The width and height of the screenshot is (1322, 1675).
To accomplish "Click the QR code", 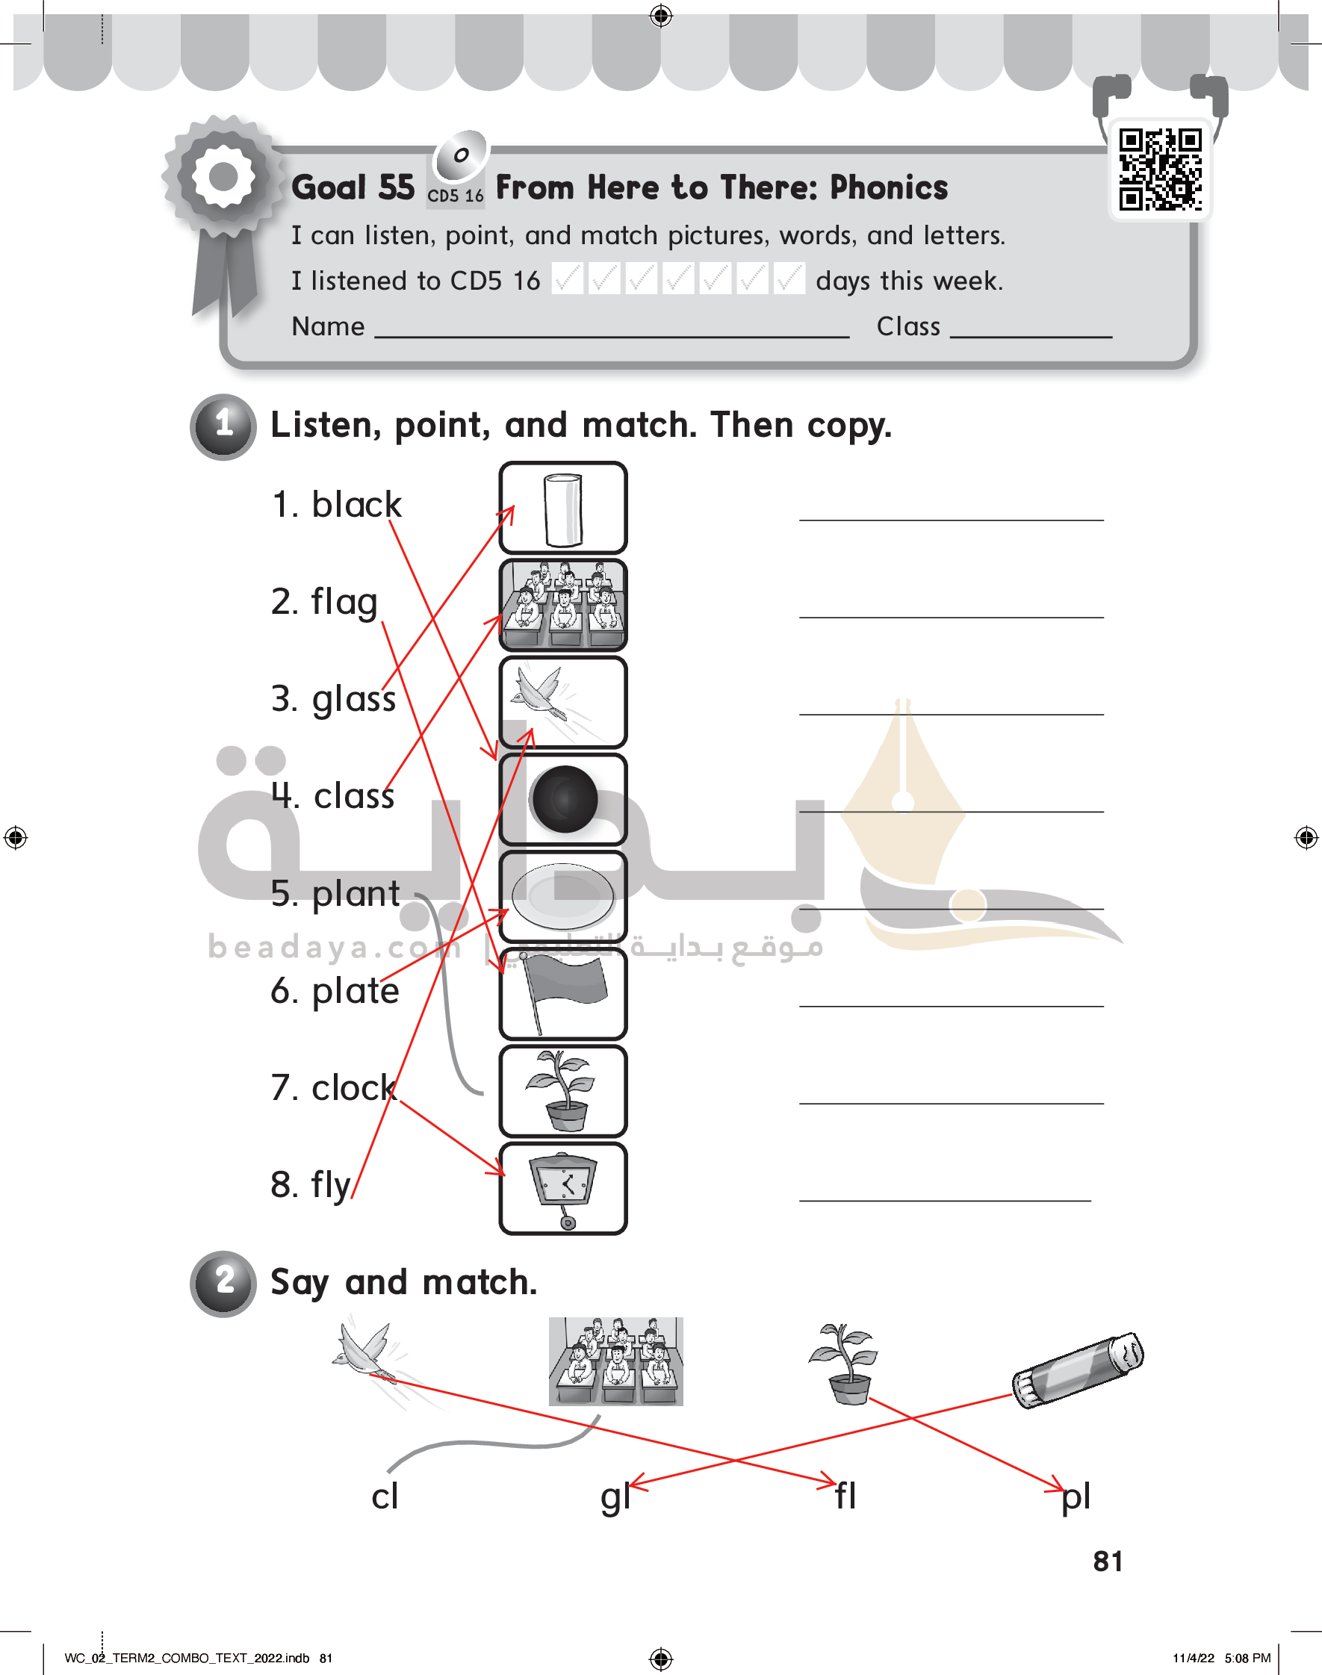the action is pyautogui.click(x=1159, y=170).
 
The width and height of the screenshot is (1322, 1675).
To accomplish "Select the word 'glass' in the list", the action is pyautogui.click(x=354, y=700).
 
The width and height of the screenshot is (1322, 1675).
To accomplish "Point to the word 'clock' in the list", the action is pyautogui.click(x=354, y=1088).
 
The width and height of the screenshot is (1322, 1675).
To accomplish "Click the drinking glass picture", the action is pyautogui.click(x=562, y=509).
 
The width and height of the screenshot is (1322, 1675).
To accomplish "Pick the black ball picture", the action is pyautogui.click(x=564, y=799).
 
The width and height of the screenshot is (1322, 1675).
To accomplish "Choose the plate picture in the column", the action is pyautogui.click(x=562, y=897).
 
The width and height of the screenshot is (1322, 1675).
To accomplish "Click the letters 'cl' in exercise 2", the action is pyautogui.click(x=385, y=1496).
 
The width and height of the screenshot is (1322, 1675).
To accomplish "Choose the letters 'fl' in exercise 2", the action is pyautogui.click(x=846, y=1495).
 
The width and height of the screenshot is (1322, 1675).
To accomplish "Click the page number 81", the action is pyautogui.click(x=1108, y=1561).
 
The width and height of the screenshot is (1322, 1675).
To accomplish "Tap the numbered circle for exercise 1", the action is pyautogui.click(x=223, y=426).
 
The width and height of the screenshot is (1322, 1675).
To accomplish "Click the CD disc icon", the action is pyautogui.click(x=462, y=155).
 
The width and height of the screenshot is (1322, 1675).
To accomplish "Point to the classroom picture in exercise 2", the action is pyautogui.click(x=616, y=1361).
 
